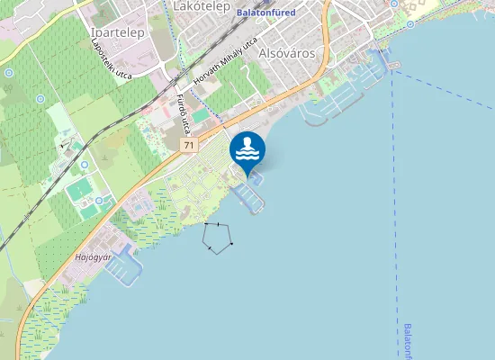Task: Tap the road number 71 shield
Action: (187, 145)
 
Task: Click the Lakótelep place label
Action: (197, 6)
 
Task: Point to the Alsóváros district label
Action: (286, 53)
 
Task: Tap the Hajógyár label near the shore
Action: (93, 256)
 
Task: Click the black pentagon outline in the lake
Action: (219, 236)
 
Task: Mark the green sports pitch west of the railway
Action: (80, 190)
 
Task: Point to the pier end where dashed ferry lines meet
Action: (392, 67)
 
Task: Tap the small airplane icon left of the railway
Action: (64, 143)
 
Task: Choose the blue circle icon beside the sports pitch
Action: (85, 165)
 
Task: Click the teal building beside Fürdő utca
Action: (200, 116)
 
